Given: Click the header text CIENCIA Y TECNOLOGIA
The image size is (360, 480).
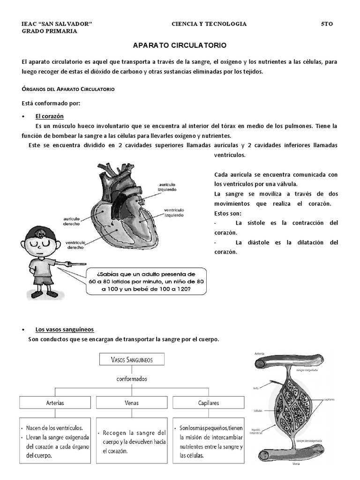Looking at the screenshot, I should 209,24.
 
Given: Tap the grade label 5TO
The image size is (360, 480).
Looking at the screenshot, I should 327,24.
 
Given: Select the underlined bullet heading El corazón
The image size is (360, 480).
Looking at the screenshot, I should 49,116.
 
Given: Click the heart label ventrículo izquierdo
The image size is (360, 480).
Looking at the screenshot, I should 174,212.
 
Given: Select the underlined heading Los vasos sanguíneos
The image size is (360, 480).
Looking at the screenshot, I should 65,329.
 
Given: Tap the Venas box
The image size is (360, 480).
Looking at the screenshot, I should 132,402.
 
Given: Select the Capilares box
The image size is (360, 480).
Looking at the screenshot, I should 208,402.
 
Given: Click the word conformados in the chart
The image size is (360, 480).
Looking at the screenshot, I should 132,378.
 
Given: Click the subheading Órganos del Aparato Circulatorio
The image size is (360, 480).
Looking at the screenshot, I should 68,89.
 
